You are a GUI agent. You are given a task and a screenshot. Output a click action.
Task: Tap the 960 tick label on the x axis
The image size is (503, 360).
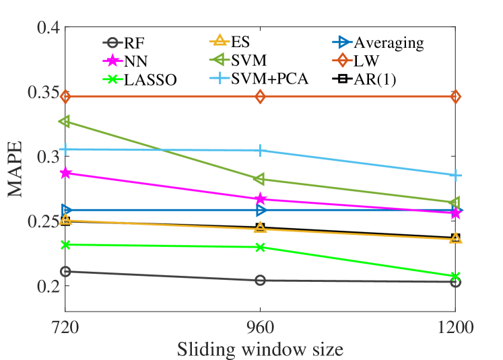[261, 328]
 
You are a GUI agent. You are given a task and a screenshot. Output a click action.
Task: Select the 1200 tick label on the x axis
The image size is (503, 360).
[456, 328]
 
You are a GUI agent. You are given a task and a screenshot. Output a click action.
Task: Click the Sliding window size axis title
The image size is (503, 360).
[261, 350]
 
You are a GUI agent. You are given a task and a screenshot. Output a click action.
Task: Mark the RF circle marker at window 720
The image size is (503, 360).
[65, 271]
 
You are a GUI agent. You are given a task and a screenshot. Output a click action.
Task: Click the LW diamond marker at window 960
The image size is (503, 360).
[261, 97]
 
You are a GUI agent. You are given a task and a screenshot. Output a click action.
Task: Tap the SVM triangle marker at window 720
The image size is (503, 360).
[65, 122]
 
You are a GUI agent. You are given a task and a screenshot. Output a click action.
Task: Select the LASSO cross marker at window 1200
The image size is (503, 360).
[456, 277]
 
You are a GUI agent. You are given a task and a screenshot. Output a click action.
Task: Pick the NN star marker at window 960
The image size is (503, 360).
[261, 199]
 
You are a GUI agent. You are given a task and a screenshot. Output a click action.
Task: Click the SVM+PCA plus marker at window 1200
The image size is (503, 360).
[456, 175]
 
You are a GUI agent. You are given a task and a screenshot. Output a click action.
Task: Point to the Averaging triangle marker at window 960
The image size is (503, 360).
[261, 210]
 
